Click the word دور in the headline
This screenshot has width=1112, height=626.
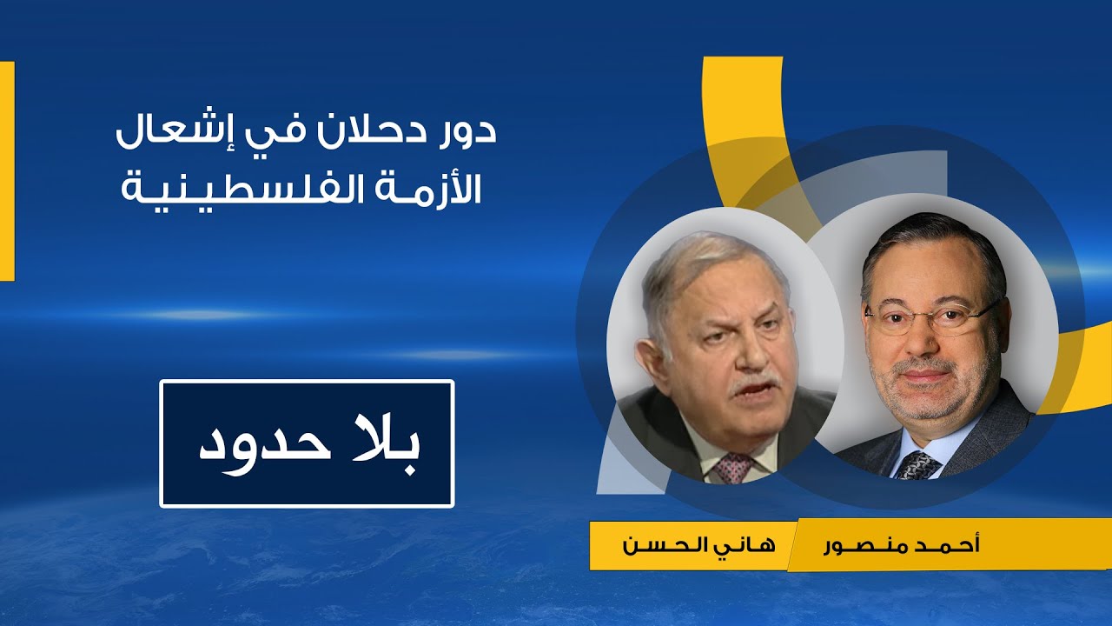(466, 131)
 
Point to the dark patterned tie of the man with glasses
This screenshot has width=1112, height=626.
(917, 466)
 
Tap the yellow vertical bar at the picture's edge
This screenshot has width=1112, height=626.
(7, 171)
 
